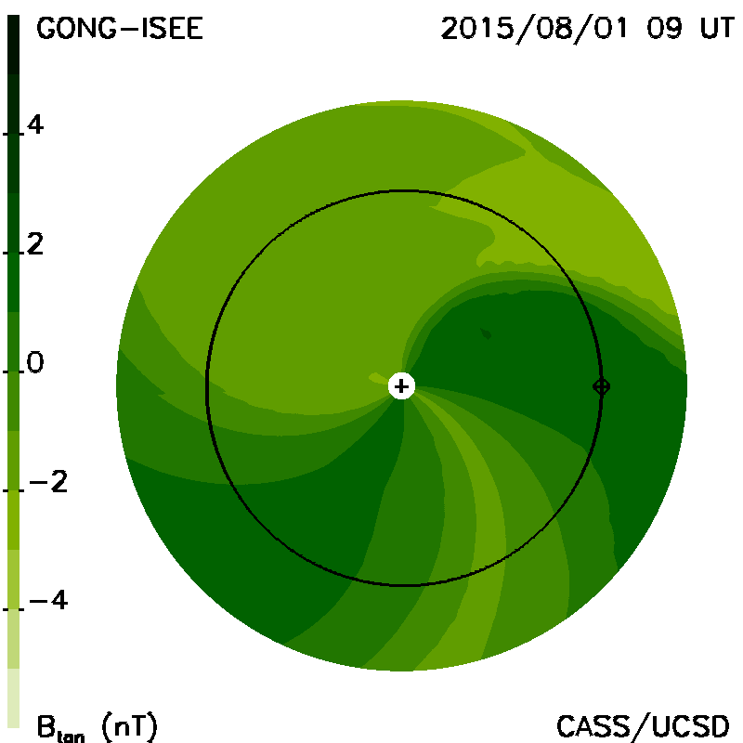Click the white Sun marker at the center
401,386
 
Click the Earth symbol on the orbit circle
601,386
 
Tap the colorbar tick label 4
35,125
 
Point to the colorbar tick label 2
35,244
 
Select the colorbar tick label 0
35,363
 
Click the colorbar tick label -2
48,482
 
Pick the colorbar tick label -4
48,600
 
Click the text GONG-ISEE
120,29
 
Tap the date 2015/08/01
534,29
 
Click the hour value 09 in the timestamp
664,29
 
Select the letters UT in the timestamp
717,29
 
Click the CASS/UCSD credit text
643,726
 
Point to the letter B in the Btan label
46,726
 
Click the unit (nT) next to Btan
129,726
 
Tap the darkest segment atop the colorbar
14,45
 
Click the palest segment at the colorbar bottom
14,697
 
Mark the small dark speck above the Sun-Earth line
486,333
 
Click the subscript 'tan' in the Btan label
71,736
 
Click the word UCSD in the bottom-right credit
691,726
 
